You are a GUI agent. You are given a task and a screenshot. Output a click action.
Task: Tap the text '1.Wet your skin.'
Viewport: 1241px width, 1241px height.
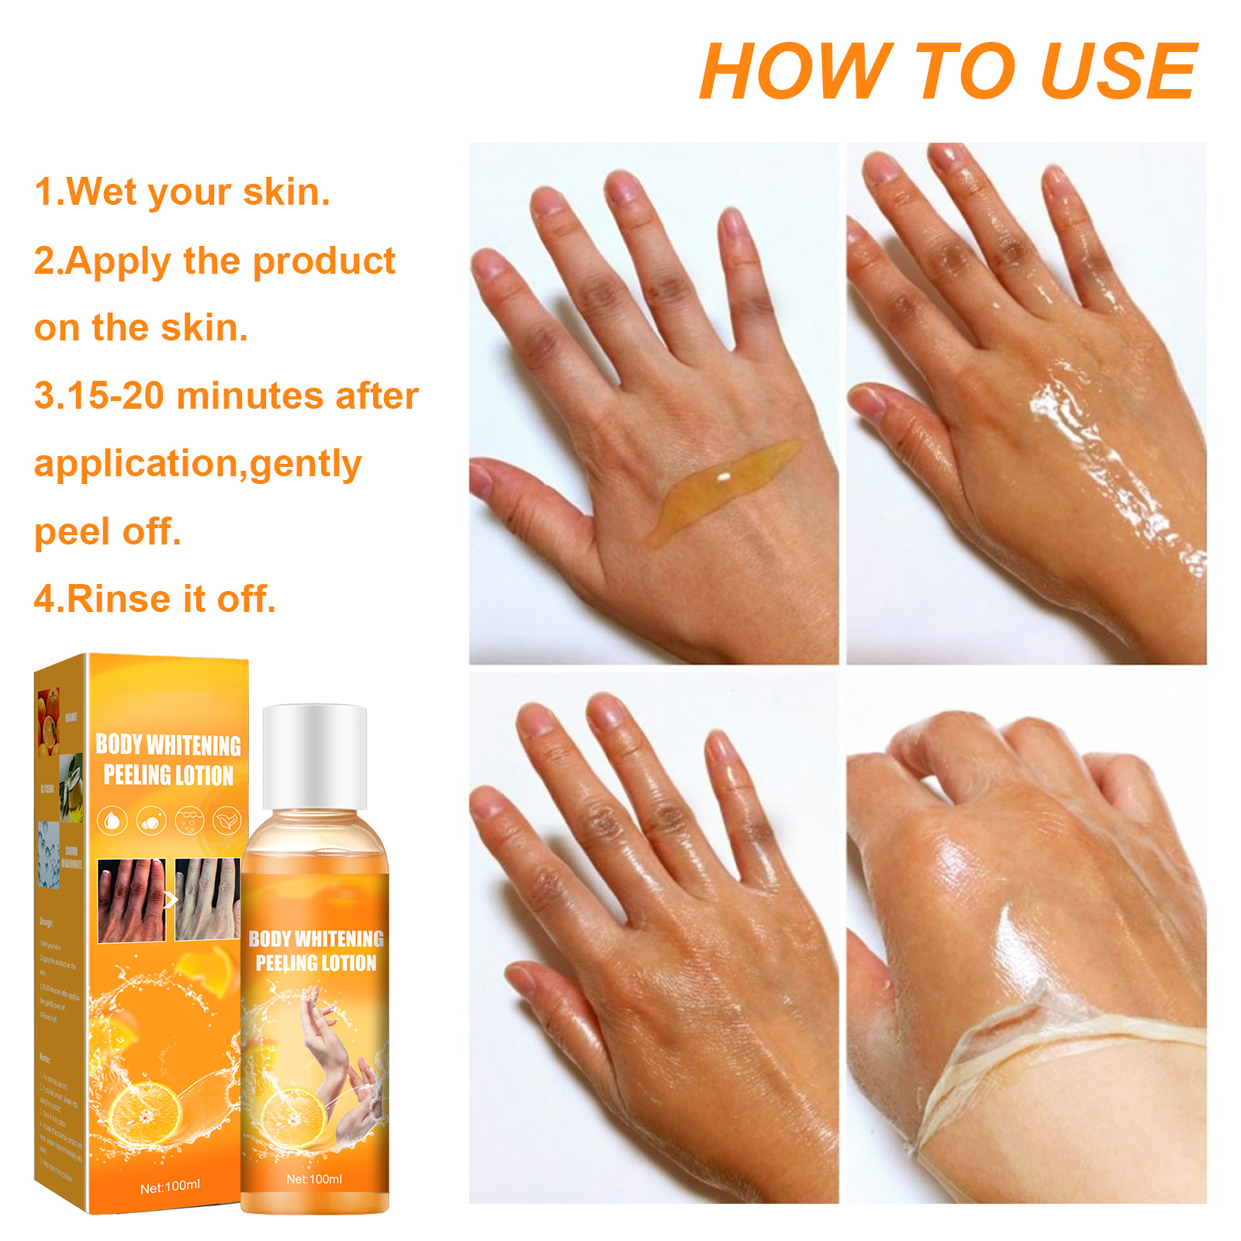pyautogui.click(x=182, y=192)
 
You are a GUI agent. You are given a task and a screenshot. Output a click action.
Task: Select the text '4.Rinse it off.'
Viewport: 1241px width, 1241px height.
pyautogui.click(x=154, y=599)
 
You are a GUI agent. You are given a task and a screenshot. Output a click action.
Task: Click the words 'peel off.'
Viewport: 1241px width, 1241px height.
pyautogui.click(x=107, y=531)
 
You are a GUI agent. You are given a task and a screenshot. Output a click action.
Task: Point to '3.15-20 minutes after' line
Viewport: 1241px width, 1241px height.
pyautogui.click(x=226, y=396)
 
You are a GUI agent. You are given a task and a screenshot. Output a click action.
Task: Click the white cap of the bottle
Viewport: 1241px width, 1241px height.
pyautogui.click(x=314, y=756)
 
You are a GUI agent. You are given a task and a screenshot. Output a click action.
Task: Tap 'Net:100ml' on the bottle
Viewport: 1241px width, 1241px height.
pyautogui.click(x=314, y=1179)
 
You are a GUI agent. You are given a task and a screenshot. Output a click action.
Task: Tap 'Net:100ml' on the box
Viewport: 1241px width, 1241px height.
pyautogui.click(x=170, y=1186)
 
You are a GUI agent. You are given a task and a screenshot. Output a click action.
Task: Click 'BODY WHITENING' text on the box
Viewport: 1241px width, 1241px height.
pyautogui.click(x=168, y=745)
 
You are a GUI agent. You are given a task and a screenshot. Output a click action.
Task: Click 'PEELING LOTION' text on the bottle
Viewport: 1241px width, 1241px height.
pyautogui.click(x=316, y=963)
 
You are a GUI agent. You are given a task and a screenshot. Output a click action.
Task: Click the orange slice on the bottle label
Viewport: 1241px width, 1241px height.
pyautogui.click(x=292, y=1118)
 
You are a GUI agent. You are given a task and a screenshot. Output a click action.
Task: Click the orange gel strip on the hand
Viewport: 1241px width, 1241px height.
pyautogui.click(x=721, y=489)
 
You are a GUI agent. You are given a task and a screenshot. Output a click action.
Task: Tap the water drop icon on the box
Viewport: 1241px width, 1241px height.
pyautogui.click(x=113, y=820)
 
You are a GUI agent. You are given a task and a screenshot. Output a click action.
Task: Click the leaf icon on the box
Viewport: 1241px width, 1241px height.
pyautogui.click(x=226, y=820)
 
